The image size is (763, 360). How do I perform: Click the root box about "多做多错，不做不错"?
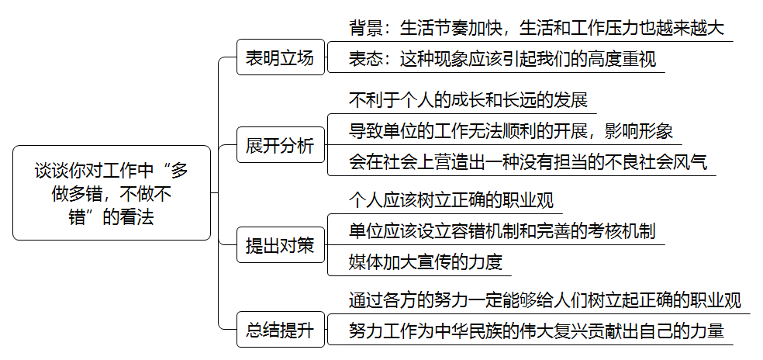tap(112, 193)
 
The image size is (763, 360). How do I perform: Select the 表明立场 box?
tap(280, 57)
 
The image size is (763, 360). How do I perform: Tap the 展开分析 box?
tap(280, 144)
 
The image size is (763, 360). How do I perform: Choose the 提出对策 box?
tap(280, 245)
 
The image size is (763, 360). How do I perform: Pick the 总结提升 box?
tap(280, 330)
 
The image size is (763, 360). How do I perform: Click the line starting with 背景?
tap(537, 28)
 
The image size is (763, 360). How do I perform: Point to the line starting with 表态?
tap(502, 59)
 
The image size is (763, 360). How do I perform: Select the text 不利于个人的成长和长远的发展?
tap(468, 99)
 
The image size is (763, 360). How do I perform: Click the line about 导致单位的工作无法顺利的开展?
tap(511, 131)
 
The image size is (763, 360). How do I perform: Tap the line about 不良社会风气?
tap(528, 162)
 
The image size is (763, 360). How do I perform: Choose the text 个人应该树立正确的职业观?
tap(451, 199)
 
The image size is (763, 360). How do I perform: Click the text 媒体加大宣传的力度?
tap(425, 262)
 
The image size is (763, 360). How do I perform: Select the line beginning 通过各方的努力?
tap(545, 300)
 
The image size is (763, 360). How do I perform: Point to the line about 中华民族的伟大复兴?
tap(537, 331)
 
